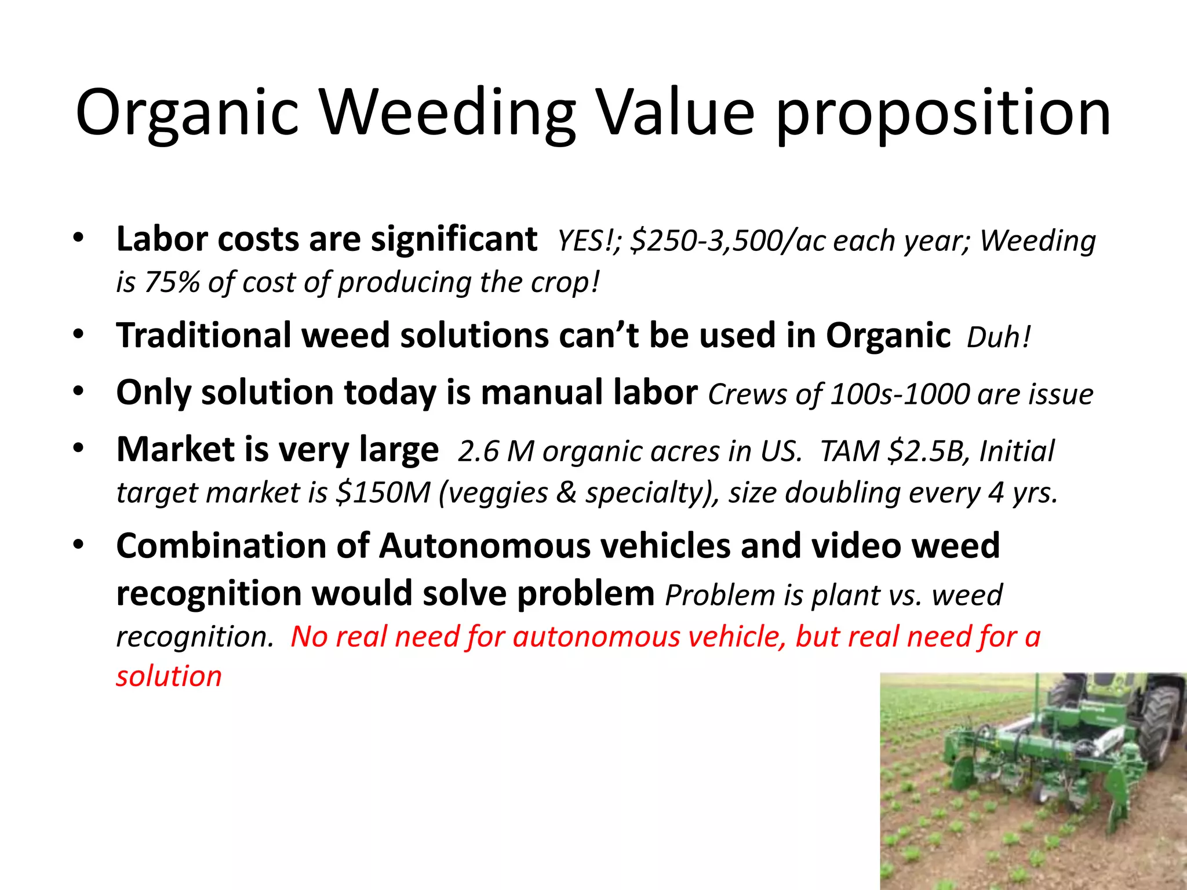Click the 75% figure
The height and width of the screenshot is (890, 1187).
pyautogui.click(x=172, y=282)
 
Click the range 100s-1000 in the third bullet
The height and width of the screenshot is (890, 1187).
pyautogui.click(x=900, y=394)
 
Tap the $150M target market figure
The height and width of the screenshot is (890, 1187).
pyautogui.click(x=383, y=493)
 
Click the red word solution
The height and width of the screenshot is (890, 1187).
pyautogui.click(x=169, y=676)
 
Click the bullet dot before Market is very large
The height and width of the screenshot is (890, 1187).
pyautogui.click(x=79, y=448)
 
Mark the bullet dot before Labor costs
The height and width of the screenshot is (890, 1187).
pyautogui.click(x=79, y=238)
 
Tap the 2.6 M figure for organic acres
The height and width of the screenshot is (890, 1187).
pyautogui.click(x=496, y=451)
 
